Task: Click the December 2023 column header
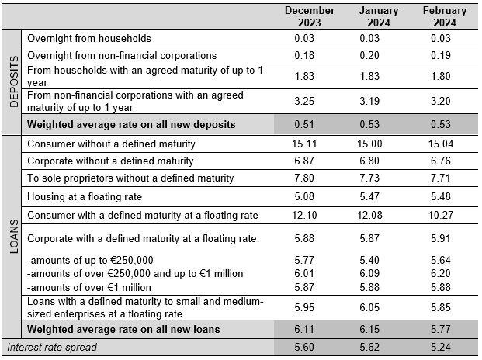pos(310,16)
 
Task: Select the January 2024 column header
pos(379,16)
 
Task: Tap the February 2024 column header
pos(445,16)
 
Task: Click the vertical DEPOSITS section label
pos(14,81)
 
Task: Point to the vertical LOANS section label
pos(14,236)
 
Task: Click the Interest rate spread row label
pos(52,347)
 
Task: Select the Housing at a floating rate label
pos(85,196)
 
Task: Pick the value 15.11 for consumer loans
pos(304,144)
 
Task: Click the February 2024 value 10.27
pos(441,215)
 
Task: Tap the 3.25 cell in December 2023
pos(304,101)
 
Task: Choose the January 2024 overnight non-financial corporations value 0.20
pos(369,55)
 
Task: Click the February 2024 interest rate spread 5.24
pos(441,347)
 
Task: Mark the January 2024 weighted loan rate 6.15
pos(369,329)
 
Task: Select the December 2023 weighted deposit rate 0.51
pos(304,124)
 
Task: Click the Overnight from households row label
pos(89,38)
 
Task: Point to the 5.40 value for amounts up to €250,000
pos(369,260)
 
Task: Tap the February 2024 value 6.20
pos(441,273)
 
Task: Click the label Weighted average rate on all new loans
pos(123,329)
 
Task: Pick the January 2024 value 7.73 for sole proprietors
pos(369,178)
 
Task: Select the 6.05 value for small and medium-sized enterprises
pos(369,307)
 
